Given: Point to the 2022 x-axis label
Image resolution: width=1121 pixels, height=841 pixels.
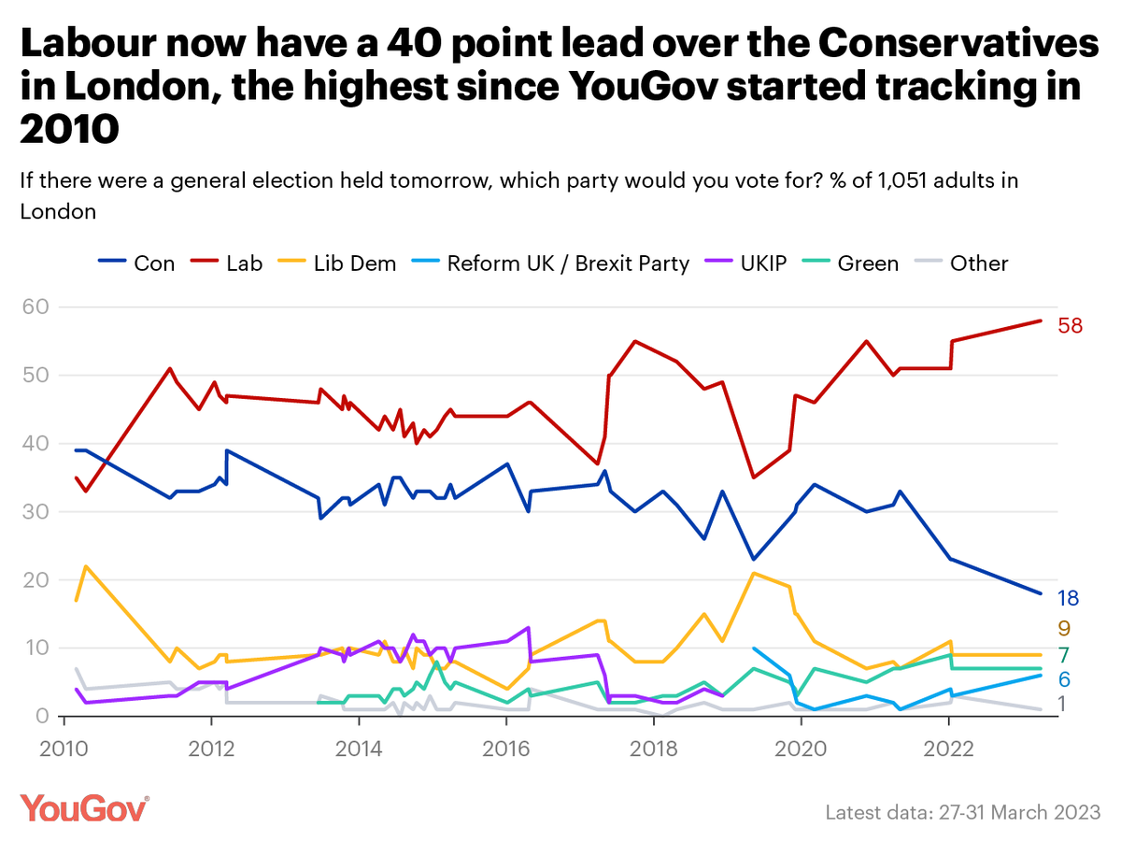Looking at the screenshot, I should (949, 749).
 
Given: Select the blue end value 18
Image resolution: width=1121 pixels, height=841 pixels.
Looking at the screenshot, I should (1068, 599).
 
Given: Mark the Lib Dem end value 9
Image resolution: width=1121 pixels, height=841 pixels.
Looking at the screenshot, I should (1063, 628).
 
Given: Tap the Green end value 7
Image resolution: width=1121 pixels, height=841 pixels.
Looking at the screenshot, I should (1063, 654).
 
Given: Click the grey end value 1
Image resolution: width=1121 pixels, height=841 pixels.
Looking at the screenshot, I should (1063, 705).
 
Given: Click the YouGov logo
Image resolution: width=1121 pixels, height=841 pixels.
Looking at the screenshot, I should (84, 808).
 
